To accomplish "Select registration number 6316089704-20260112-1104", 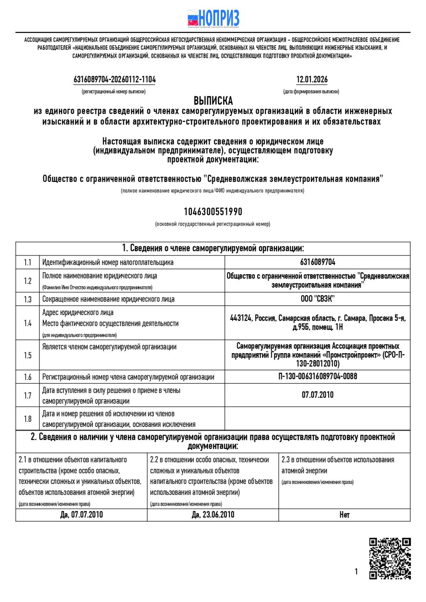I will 114,79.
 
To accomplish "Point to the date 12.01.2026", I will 312,79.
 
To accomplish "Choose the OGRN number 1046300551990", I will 213,212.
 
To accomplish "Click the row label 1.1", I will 27,262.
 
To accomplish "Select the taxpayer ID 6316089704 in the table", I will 318,262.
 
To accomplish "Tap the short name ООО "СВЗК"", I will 318,299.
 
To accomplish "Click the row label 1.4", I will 27,323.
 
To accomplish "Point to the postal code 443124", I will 241,318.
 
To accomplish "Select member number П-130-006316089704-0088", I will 318,376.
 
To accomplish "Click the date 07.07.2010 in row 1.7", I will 318,395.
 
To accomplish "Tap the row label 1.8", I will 27,419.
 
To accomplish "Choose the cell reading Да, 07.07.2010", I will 82,515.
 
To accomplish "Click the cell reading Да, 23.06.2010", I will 213,515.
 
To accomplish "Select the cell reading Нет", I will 344,515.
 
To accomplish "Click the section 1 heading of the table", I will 213,248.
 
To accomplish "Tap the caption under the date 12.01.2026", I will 311,92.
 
